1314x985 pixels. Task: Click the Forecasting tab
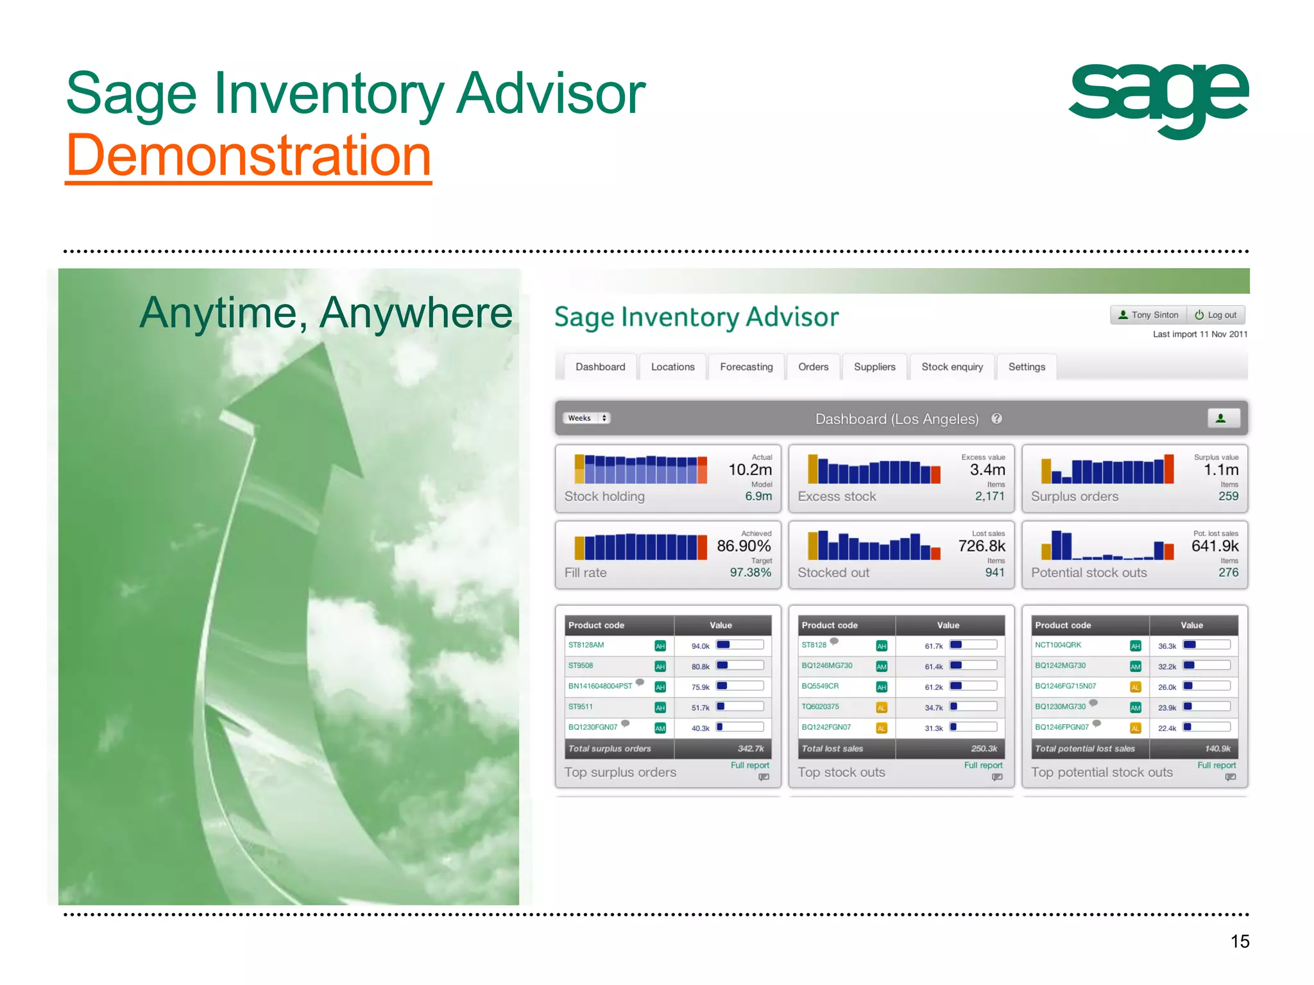(746, 367)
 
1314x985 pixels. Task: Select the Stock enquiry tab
(952, 367)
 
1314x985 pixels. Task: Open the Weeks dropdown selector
(586, 418)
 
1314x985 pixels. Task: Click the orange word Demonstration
(248, 156)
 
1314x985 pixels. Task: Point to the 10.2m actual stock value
(749, 470)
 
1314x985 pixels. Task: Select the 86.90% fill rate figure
(743, 546)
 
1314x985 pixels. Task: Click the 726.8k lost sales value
(981, 546)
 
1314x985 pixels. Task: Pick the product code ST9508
(581, 666)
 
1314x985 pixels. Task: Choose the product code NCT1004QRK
(1058, 645)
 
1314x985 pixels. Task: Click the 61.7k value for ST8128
(934, 646)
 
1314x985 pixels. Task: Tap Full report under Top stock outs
(983, 765)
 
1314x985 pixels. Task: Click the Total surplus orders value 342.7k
(750, 748)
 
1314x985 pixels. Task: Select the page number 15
(1240, 941)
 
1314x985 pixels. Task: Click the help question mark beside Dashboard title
(996, 419)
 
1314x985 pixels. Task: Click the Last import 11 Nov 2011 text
(1200, 334)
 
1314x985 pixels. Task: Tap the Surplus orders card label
(1074, 496)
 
